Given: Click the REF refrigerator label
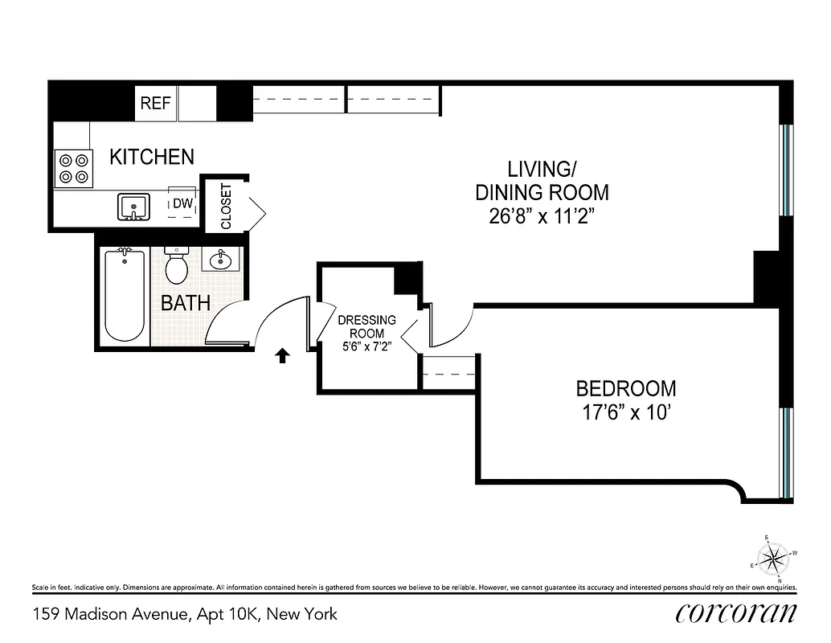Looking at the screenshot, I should tap(156, 103).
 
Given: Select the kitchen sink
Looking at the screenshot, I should tap(133, 207).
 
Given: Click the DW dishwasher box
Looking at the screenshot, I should tap(183, 204).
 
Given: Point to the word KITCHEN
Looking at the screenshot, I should tap(152, 156).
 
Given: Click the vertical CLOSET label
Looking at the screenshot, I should tap(226, 207).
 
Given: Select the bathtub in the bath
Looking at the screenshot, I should tap(125, 296).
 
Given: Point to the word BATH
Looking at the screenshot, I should tap(186, 303).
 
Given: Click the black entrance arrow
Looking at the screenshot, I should tap(282, 356).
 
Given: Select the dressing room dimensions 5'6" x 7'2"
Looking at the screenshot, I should tap(366, 347).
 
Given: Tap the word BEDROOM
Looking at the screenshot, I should tap(626, 389).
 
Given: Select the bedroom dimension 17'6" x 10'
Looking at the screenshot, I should tap(626, 413).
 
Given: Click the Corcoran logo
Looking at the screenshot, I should tap(736, 613).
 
